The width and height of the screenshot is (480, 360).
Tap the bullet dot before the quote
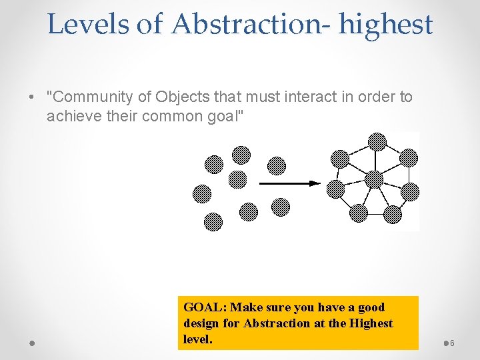point(33,97)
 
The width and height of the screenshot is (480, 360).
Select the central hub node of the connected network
point(374,179)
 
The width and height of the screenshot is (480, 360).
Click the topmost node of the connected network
point(377,141)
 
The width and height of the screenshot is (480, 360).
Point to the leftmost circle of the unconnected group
point(201,193)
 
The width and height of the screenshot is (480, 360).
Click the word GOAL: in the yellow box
point(204,307)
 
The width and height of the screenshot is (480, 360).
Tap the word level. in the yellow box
point(197,339)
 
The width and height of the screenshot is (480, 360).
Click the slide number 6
point(452,343)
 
